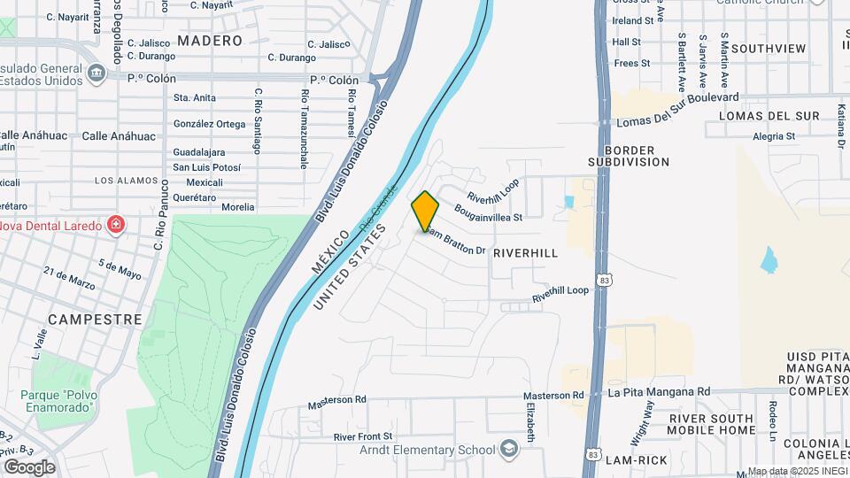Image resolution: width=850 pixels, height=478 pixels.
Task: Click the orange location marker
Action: click(425, 211)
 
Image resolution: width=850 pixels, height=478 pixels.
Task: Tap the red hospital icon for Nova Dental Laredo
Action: click(114, 225)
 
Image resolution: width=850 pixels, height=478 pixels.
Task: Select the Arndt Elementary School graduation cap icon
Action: click(508, 450)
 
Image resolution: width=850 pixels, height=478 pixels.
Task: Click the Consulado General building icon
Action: click(94, 73)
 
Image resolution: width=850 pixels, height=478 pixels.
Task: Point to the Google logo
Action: click(29, 466)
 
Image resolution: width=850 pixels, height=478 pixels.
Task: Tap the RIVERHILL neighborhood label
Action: click(526, 253)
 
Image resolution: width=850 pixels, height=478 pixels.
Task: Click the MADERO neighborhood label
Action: click(210, 41)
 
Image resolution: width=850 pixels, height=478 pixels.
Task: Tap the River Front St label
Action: click(363, 437)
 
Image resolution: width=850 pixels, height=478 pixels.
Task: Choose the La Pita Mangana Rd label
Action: click(659, 391)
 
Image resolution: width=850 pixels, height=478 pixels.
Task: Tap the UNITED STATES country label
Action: click(350, 266)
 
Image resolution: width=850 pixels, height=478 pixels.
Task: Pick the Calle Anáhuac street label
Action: click(119, 136)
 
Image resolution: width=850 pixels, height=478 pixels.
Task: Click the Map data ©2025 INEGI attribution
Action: click(797, 471)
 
